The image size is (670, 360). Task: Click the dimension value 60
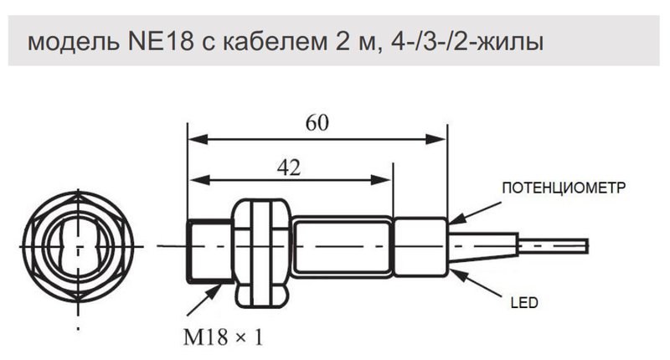[x=317, y=123]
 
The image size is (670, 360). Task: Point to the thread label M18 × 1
[x=223, y=338]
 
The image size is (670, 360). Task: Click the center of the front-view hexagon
[x=76, y=248]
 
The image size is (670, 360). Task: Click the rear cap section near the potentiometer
[x=420, y=247]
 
